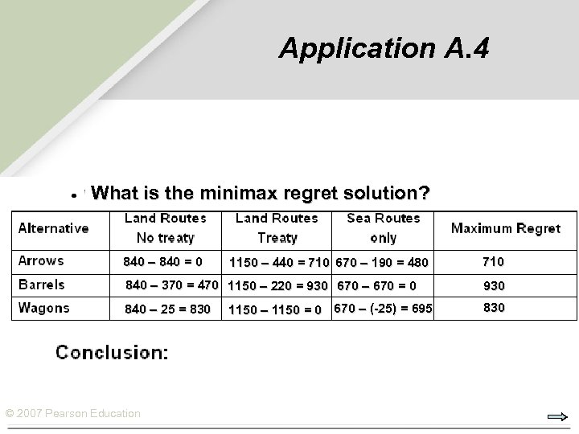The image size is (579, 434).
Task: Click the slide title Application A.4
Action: [383, 48]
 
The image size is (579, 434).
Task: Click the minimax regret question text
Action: [261, 194]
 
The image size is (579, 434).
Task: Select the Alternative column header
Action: [53, 228]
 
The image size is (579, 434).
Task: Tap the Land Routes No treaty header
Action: [165, 228]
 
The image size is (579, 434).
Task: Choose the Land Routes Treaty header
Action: [276, 228]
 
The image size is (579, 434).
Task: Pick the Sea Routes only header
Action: [384, 228]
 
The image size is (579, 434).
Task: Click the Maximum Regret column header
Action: [505, 228]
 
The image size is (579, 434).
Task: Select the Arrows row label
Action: [41, 261]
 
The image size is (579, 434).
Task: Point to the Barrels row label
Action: [42, 285]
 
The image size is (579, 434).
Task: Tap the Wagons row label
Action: [44, 308]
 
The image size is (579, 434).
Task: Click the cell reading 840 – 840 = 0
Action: [162, 261]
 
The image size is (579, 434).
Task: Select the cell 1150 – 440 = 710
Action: [279, 262]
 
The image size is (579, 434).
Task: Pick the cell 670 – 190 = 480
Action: [382, 262]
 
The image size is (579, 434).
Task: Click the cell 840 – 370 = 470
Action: [172, 285]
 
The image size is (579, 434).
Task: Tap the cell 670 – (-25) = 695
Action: [383, 309]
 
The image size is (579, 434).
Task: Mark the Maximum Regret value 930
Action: [494, 285]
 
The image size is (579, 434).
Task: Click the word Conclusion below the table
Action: [111, 352]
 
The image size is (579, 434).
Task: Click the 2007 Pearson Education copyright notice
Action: [73, 413]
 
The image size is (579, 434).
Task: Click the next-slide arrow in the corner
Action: [556, 416]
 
